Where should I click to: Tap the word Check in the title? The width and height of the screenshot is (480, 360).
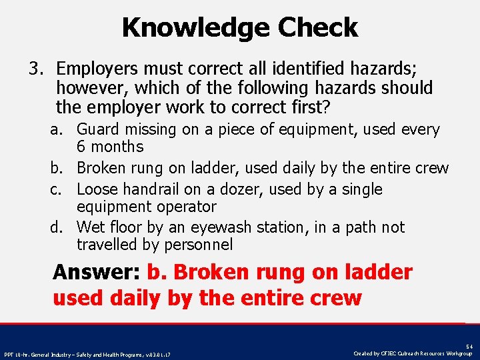pyautogui.click(x=318, y=28)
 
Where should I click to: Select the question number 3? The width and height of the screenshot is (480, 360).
pyautogui.click(x=35, y=69)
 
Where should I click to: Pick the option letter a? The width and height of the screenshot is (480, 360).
pyautogui.click(x=56, y=129)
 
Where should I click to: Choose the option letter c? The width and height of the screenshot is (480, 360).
pyautogui.click(x=56, y=189)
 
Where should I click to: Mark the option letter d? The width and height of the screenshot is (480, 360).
pyautogui.click(x=56, y=227)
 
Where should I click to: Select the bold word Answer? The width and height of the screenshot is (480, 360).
pyautogui.click(x=96, y=272)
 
